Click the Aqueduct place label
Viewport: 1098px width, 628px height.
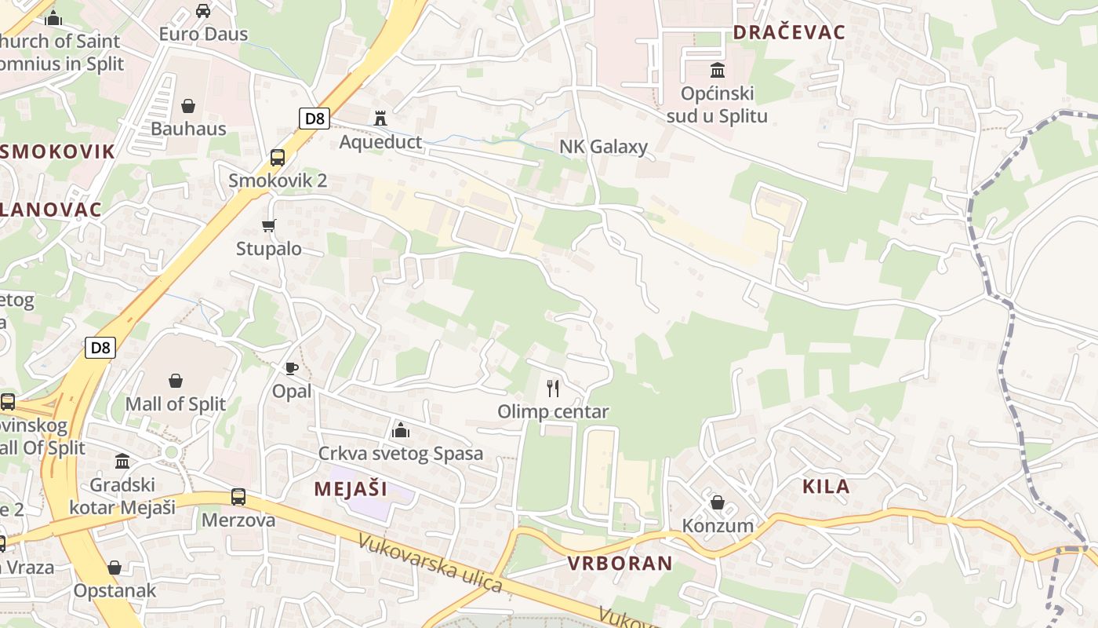(x=380, y=142)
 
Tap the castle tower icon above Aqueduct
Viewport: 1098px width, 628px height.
(x=381, y=119)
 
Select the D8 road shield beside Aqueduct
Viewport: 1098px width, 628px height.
(x=314, y=119)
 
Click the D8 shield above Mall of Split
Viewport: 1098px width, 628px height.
(x=101, y=347)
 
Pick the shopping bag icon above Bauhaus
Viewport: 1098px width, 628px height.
(x=188, y=106)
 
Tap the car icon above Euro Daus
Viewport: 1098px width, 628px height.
(x=203, y=11)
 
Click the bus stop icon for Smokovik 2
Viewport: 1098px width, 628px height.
(x=278, y=158)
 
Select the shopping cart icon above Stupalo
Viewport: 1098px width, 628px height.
(x=269, y=226)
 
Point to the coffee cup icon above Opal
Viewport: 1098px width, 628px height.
(x=292, y=368)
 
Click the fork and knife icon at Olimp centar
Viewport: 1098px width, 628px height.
(x=553, y=388)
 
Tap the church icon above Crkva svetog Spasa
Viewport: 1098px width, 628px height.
(x=401, y=430)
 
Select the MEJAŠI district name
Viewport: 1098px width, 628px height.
(x=351, y=488)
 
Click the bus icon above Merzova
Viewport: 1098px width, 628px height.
(x=238, y=497)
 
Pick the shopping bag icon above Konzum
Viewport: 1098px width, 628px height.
(x=718, y=502)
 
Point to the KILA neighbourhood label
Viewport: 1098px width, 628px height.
(x=826, y=486)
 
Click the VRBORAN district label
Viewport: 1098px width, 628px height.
(x=620, y=563)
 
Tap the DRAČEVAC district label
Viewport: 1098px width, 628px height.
(x=788, y=32)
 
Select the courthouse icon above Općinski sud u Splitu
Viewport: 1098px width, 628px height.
(x=717, y=70)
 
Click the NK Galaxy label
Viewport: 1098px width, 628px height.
(x=603, y=147)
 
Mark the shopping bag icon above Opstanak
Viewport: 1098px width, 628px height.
(x=115, y=568)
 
